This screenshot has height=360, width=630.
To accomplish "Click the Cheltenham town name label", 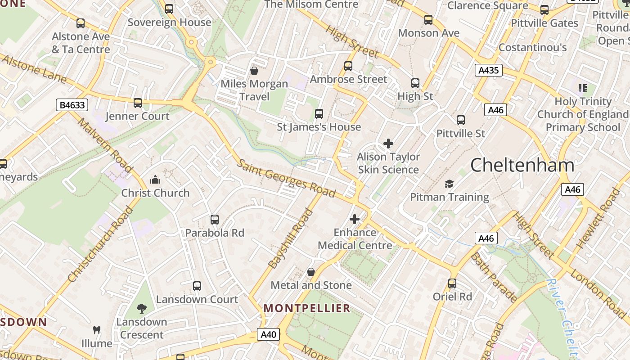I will point(522,165).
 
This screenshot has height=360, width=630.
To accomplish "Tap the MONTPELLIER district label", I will point(307,308).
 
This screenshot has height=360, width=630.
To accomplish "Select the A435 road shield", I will point(488,70).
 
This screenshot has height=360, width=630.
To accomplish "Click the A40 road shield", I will point(268,334).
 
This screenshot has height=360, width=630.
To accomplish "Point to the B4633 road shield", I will point(72,105).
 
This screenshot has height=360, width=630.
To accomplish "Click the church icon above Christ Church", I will point(155,180).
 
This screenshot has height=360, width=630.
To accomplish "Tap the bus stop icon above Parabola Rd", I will point(215,220).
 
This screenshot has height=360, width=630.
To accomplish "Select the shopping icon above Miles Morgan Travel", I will point(254,71).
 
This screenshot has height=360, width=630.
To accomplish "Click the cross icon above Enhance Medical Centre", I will point(355,219).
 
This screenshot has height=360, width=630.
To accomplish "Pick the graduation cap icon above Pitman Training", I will point(449,184).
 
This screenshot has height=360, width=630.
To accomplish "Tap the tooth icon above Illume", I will point(96,330).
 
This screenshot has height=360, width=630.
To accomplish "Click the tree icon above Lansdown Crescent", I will point(142,308).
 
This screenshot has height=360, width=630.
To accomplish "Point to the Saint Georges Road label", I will point(286,178).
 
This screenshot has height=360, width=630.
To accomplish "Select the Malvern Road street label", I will point(105,145).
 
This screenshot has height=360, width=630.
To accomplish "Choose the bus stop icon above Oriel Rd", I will point(452,283).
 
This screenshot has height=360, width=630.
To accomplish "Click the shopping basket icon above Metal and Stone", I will point(310,272).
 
